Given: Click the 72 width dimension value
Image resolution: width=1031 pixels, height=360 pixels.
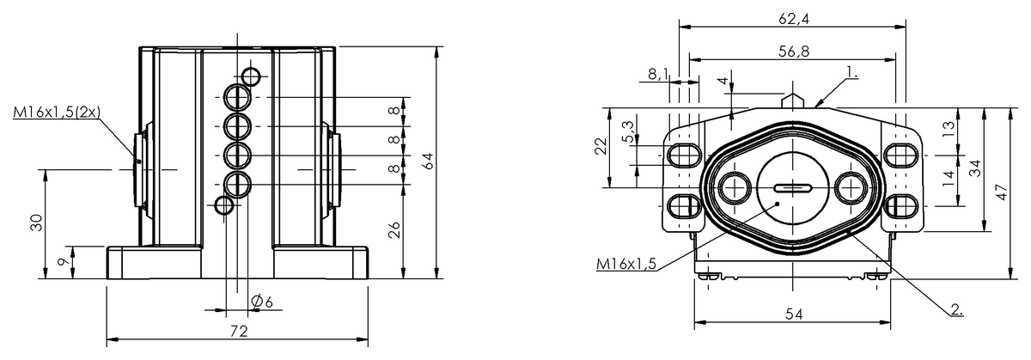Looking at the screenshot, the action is click(238, 332).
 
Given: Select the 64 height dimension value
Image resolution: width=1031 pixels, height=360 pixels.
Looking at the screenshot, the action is click(429, 162).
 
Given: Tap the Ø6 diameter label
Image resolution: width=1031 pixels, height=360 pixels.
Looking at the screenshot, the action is click(262, 302).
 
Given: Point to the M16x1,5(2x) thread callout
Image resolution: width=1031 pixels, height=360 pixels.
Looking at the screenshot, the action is click(57, 112).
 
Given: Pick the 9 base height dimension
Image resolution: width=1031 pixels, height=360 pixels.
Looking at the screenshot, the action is click(64, 262).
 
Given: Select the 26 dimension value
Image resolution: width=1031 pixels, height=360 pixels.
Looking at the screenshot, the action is click(394, 229).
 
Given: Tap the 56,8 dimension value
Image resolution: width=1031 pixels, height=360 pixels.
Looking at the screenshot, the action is click(794, 52).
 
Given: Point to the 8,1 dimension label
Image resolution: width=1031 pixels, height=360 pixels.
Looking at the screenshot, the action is click(659, 74).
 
